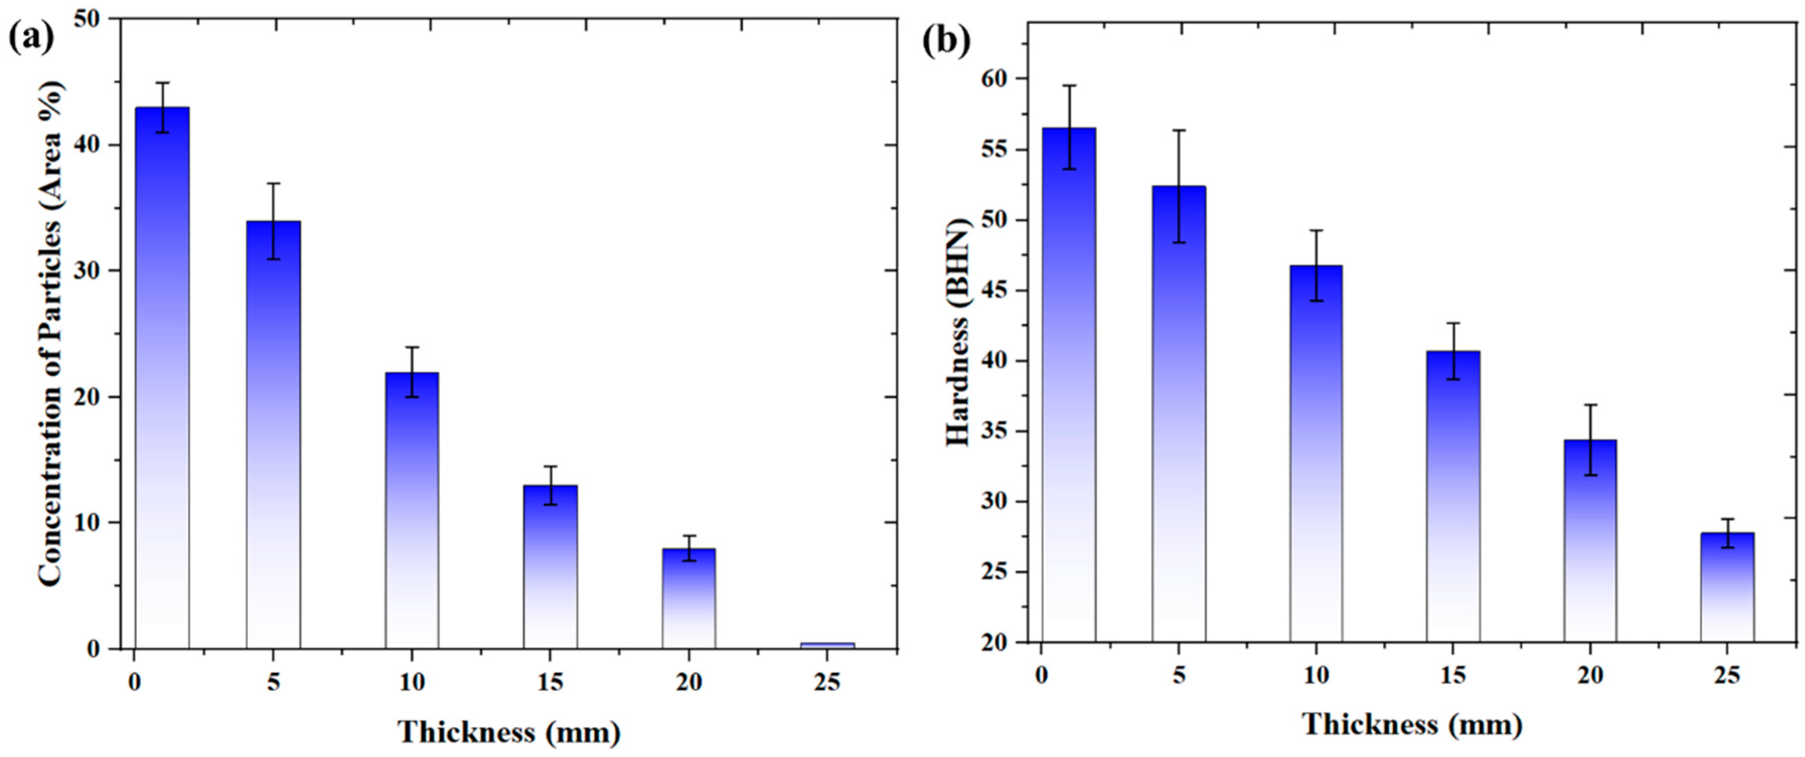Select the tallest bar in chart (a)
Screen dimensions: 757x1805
162,378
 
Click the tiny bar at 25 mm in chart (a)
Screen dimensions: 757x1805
828,645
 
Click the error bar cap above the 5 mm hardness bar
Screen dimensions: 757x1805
1180,130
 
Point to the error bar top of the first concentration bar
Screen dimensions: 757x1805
162,82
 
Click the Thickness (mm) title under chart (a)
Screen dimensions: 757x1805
509,732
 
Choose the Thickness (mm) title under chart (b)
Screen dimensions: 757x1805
1412,724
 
